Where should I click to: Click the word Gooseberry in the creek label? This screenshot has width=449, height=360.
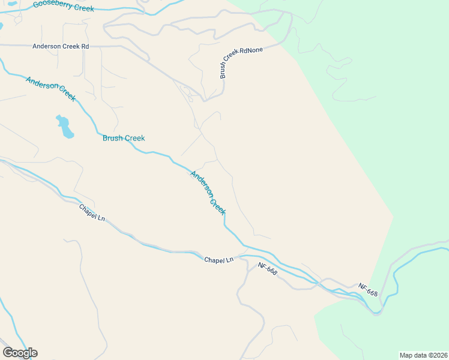pyautogui.click(x=53, y=4)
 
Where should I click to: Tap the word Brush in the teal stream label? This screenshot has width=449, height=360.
pyautogui.click(x=112, y=138)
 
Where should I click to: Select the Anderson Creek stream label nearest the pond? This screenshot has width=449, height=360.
pyautogui.click(x=50, y=88)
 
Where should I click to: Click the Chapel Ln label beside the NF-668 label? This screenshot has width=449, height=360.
pyautogui.click(x=218, y=260)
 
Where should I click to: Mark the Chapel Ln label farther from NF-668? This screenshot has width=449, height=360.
pyautogui.click(x=92, y=213)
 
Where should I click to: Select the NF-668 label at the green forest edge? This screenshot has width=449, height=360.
pyautogui.click(x=369, y=290)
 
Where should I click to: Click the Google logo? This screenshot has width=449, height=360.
pyautogui.click(x=20, y=353)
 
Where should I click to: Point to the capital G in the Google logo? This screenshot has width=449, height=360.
pyautogui.click(x=8, y=353)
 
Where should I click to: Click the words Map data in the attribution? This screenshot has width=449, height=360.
pyautogui.click(x=413, y=355)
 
